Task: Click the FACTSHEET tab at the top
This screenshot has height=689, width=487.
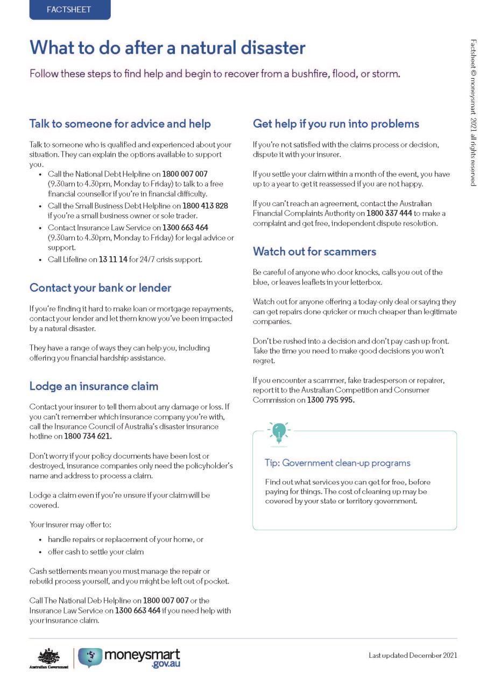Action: coord(69,10)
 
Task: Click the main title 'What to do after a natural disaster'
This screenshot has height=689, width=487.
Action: coord(167,48)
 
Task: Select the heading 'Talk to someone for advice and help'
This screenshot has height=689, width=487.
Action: coord(120,124)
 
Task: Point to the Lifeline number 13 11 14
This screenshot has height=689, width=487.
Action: coord(112,259)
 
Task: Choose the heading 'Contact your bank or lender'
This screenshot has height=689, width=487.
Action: coord(100,288)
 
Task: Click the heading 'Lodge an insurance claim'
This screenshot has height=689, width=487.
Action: coord(94,386)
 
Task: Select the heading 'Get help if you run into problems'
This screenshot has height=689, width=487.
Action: coord(336,124)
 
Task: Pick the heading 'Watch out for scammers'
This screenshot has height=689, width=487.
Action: coord(314,251)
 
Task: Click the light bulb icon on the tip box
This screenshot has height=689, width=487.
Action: coord(279,432)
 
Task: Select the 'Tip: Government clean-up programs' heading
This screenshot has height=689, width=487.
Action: coord(337,463)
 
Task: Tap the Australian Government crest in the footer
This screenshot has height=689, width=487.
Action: coord(48,657)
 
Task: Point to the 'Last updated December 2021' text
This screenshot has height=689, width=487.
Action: coord(413,655)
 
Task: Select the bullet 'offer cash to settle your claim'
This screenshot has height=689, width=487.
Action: coord(95,552)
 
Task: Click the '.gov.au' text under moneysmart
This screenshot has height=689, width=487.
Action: coord(166,665)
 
